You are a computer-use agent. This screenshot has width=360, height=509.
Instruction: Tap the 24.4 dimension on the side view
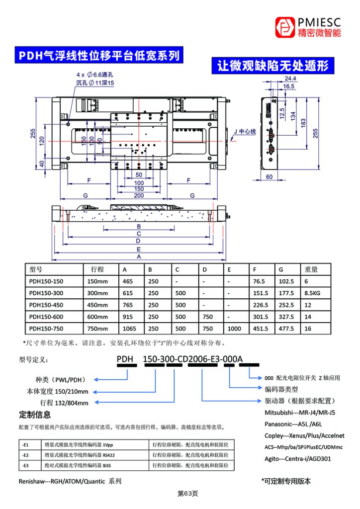point(290,79)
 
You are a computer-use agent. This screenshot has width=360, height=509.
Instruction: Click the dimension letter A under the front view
point(139,256)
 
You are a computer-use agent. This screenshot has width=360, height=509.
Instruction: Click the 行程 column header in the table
point(97,269)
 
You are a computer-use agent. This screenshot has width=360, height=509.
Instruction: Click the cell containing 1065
point(129,329)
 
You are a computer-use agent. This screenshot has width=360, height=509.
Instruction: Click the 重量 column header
point(311,269)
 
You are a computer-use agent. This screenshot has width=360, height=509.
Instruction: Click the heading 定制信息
point(35,415)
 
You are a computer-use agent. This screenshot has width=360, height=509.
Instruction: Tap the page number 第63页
point(188,494)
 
